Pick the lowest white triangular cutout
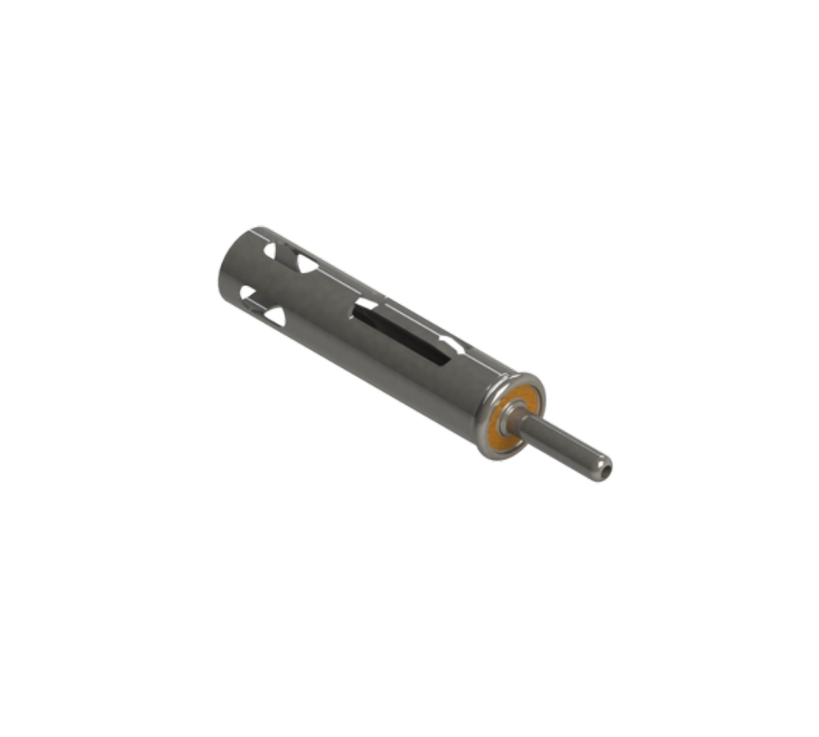click(x=275, y=316)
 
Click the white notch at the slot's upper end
click(x=365, y=304)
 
